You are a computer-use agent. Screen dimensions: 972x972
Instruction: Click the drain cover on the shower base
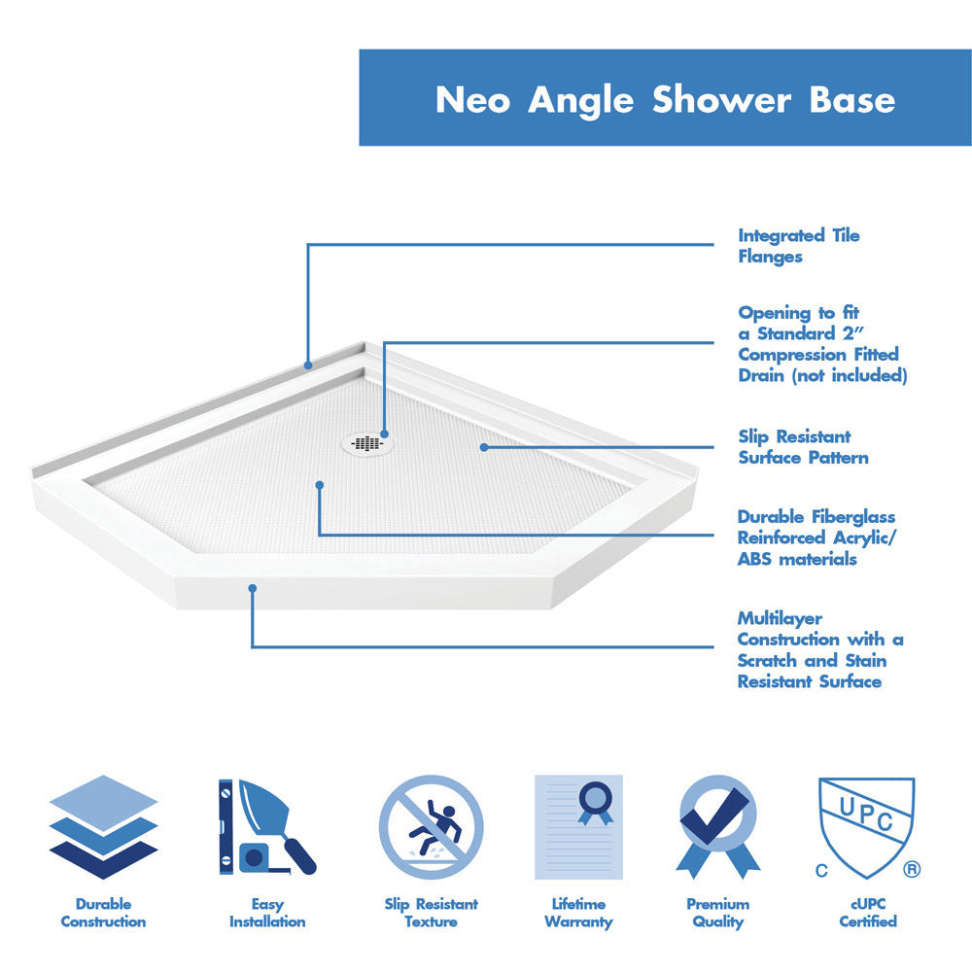coord(367,443)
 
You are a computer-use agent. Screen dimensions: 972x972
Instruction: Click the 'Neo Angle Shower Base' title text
coord(665,99)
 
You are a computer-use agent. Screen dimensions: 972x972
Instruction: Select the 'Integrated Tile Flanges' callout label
coord(798,246)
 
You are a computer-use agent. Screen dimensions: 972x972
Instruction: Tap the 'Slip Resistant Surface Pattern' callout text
coord(803,447)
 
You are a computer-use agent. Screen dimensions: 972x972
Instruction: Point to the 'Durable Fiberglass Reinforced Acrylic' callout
coord(816,538)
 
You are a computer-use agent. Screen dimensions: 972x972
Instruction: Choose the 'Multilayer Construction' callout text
coord(819,649)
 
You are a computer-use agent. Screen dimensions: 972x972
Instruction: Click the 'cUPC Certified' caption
coord(867,913)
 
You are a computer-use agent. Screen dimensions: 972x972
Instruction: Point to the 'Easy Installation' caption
coord(267,913)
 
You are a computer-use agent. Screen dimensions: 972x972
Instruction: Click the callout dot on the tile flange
coord(308,365)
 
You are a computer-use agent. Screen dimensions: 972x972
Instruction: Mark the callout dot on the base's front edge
coord(252,588)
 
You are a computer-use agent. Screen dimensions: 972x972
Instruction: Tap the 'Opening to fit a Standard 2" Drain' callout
coord(821,344)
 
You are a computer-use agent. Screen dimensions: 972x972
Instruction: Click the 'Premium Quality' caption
coord(717,913)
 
